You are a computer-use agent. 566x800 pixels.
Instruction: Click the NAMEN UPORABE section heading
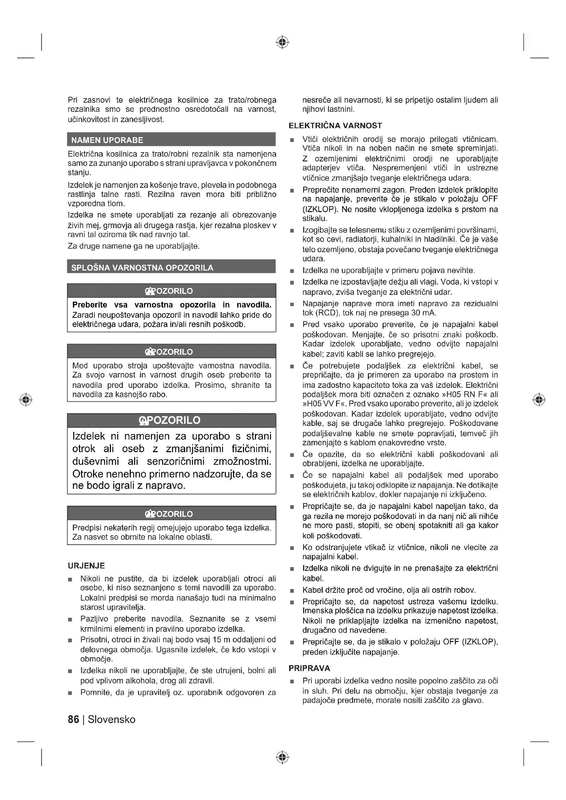pos(107,140)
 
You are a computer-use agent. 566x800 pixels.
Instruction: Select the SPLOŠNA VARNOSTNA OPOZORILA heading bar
pos(142,267)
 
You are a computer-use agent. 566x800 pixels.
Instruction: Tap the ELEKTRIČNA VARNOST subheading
pos(335,126)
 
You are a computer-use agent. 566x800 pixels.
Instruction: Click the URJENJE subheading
pos(87,565)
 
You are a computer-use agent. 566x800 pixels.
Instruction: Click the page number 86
pos(74,719)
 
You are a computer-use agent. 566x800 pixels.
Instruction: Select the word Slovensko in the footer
pos(112,719)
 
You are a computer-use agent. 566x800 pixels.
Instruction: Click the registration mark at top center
pos(283,42)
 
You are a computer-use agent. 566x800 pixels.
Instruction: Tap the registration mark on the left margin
pos(26,399)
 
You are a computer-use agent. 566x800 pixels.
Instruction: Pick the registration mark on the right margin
pos(539,399)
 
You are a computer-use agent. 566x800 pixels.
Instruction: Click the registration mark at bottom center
pos(283,757)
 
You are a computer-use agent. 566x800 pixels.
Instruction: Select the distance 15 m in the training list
pos(220,639)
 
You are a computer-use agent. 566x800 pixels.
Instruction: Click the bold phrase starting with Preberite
pos(171,305)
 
